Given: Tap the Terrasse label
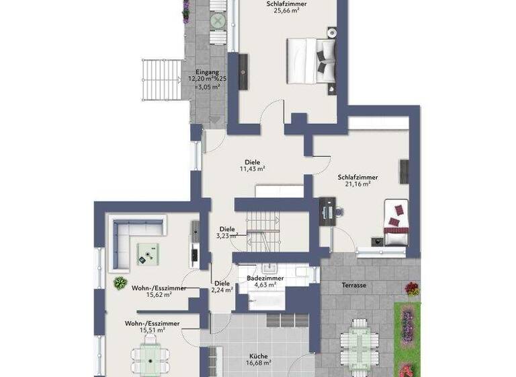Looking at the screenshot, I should pos(353,285).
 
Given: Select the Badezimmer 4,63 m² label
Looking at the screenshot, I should pos(265,281).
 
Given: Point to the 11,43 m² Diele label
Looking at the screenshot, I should pos(253,166).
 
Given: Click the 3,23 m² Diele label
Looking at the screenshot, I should pos(226,232).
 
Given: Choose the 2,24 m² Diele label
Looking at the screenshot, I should pos(222,287).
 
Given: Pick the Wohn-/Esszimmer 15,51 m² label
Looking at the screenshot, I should pos(152,327).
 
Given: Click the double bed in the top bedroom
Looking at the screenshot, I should pos(311,61).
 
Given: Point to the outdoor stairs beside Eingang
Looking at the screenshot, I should pos(162,79).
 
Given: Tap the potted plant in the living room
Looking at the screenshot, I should pos(120,283).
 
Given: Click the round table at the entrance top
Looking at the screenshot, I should pos(218,21).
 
